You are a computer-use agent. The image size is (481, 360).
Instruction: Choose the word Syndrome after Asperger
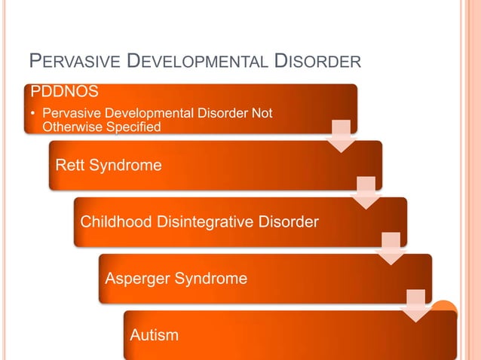[212, 279]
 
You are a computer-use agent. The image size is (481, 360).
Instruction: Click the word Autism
[155, 334]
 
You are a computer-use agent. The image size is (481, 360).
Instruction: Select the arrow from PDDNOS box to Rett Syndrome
[342, 136]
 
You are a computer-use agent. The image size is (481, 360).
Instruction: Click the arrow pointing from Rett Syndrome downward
[366, 193]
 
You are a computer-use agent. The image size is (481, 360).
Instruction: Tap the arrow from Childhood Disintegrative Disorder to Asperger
[391, 249]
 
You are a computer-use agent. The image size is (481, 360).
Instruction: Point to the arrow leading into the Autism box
[416, 306]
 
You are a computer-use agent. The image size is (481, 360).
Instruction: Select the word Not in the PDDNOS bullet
[262, 114]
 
